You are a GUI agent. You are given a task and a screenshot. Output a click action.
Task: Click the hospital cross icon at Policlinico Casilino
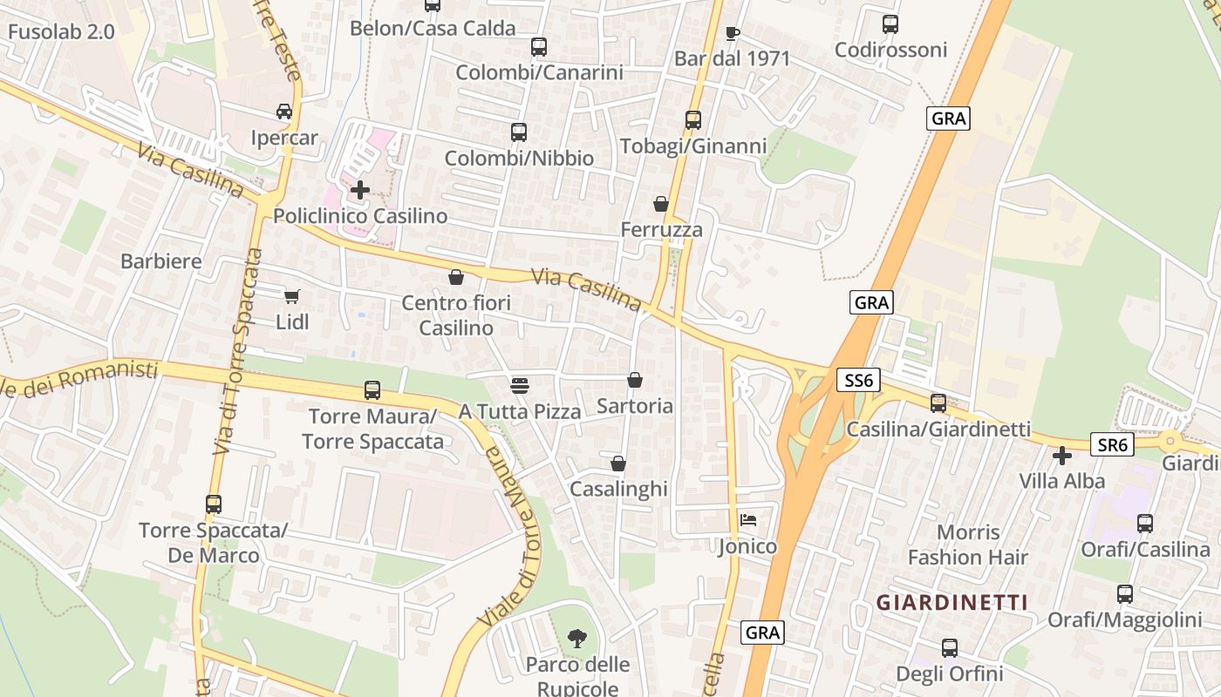pyautogui.click(x=360, y=189)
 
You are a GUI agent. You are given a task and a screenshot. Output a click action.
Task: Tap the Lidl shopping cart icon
pyautogui.click(x=292, y=296)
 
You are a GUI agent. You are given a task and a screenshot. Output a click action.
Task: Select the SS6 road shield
pyautogui.click(x=859, y=380)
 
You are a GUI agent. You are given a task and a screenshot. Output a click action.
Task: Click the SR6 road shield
pyautogui.click(x=1112, y=445)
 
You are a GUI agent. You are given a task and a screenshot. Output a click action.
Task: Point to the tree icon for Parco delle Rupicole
pyautogui.click(x=576, y=639)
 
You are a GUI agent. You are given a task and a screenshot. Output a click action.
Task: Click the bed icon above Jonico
pyautogui.click(x=748, y=520)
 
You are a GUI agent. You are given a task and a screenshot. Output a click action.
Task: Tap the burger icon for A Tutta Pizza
pyautogui.click(x=520, y=384)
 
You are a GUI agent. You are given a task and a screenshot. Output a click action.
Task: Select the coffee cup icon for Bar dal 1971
pyautogui.click(x=733, y=33)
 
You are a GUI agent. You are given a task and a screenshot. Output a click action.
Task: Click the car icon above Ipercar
pyautogui.click(x=284, y=112)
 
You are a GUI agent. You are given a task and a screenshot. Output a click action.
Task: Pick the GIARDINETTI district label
pyautogui.click(x=952, y=602)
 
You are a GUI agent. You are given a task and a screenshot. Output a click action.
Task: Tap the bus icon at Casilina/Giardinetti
pyautogui.click(x=938, y=403)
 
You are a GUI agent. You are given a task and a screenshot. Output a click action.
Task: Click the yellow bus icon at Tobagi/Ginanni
pyautogui.click(x=693, y=119)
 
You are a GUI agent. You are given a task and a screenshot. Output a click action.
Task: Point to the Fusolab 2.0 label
pyautogui.click(x=61, y=32)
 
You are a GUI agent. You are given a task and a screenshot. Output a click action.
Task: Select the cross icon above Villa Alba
pyautogui.click(x=1061, y=455)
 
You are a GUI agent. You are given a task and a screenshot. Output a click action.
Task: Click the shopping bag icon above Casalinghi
pyautogui.click(x=618, y=464)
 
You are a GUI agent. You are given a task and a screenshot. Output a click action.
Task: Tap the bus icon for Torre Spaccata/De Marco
pyautogui.click(x=214, y=504)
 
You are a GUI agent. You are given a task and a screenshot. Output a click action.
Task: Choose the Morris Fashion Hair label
pyautogui.click(x=968, y=545)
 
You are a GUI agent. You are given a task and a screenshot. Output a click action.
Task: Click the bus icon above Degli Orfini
pyautogui.click(x=950, y=648)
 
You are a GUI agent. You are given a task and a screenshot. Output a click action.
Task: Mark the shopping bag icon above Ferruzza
pyautogui.click(x=661, y=204)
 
